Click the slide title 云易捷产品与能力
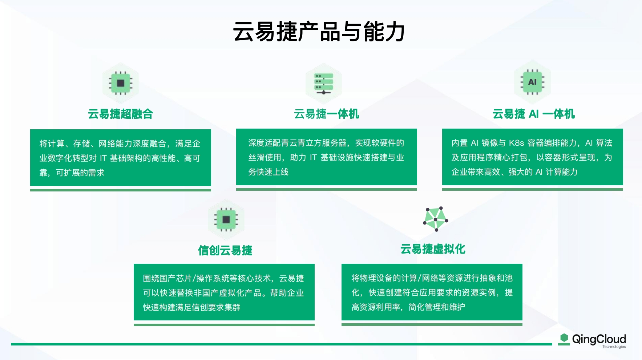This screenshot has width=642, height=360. coord(319,32)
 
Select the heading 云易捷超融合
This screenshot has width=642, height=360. coord(120,114)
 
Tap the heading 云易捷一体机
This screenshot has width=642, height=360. coord(326,114)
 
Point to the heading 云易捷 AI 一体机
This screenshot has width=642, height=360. coord(533,114)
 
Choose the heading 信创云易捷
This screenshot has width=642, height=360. coord(225,250)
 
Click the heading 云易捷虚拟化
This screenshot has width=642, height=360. coord(432,249)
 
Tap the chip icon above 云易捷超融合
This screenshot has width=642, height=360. coord(121,83)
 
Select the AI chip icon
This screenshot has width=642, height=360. coord(532,82)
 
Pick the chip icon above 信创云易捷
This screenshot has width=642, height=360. coord(226,219)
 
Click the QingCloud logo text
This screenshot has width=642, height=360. coord(599,339)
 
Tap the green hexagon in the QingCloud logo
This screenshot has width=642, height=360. coord(564,338)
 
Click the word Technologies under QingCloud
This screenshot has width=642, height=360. coord(614,347)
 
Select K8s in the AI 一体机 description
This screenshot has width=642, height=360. coord(516,143)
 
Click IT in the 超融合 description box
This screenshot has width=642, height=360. coord(103,158)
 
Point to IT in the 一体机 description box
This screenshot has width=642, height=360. coord(313,158)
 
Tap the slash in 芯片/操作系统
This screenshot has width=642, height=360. coord(194,279)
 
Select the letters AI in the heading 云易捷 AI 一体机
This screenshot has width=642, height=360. coord(533,114)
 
